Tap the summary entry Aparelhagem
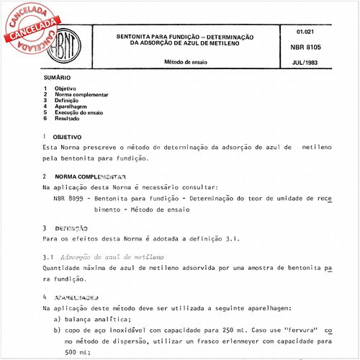[71, 107]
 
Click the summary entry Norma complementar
[81, 94]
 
